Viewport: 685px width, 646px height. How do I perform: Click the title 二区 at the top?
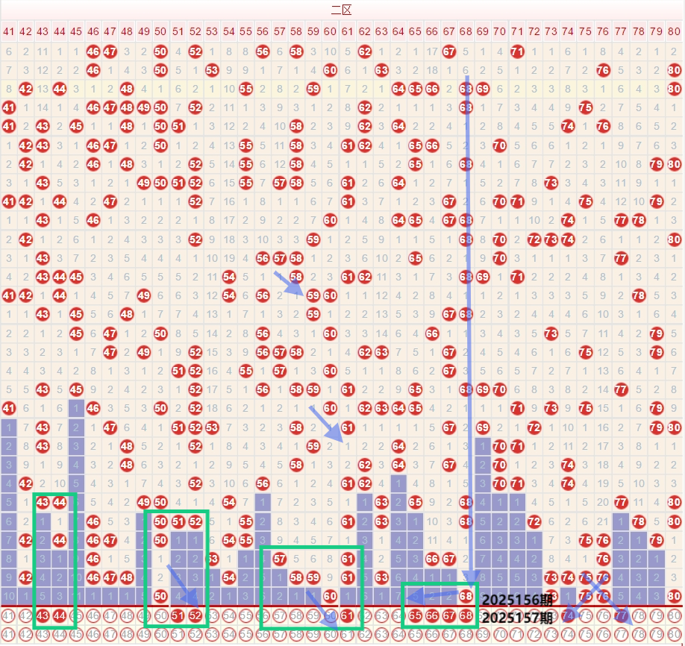tap(341, 10)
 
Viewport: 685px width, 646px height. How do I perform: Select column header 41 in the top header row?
tap(9, 31)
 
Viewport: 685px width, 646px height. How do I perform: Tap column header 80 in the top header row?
tap(675, 31)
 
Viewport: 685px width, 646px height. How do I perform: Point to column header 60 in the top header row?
tap(330, 31)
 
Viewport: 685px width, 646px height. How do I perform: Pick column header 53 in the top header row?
tap(212, 31)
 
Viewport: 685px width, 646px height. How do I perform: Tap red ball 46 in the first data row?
tap(93, 51)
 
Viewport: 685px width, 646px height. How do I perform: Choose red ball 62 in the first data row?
tap(364, 51)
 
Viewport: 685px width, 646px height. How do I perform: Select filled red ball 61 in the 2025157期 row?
tap(347, 616)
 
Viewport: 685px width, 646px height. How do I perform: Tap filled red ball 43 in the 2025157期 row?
tap(43, 616)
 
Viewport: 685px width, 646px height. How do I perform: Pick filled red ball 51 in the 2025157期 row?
tap(178, 616)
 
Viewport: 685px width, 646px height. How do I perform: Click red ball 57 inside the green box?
tap(280, 558)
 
